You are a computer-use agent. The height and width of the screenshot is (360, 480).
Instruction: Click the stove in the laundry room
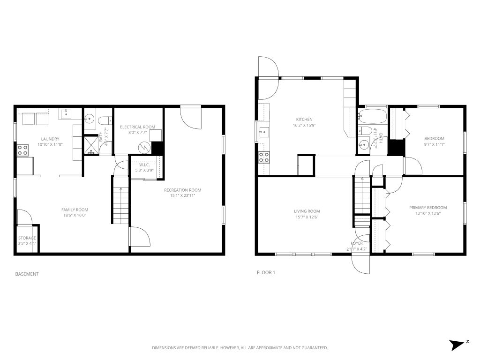pos(22,150)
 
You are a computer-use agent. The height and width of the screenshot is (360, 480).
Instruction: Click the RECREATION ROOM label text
pos(182,190)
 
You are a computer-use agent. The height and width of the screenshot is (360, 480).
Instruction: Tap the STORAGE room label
pos(27,238)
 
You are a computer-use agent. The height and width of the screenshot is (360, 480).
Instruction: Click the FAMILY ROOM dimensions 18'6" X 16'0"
pos(75,215)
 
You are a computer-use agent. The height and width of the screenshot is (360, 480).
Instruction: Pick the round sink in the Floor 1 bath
pos(363,145)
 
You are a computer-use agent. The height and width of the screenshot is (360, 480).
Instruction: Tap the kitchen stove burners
pos(264,157)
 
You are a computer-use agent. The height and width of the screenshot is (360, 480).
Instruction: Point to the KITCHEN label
pos(304,120)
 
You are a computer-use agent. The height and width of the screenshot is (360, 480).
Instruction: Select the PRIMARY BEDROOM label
pos(427,208)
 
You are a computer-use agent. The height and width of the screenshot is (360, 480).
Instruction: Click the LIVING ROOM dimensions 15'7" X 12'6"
pos(307,217)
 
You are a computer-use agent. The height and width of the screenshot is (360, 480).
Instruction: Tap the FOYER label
pos(357,243)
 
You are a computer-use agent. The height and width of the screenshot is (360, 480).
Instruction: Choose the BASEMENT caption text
pos(27,274)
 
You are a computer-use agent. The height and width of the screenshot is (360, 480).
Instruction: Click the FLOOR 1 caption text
pos(266,272)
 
